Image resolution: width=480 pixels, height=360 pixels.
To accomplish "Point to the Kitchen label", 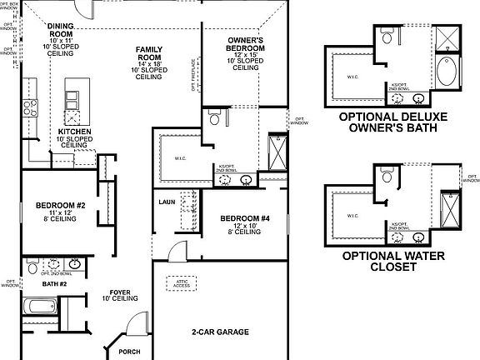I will coord(73,132).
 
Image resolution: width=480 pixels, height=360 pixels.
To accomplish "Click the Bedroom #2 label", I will coord(61,206).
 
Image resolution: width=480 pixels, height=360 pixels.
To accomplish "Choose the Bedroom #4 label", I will coord(244,218).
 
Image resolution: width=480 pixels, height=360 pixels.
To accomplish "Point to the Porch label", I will coord(130,351).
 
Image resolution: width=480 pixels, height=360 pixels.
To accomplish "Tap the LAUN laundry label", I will coord(167,202).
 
